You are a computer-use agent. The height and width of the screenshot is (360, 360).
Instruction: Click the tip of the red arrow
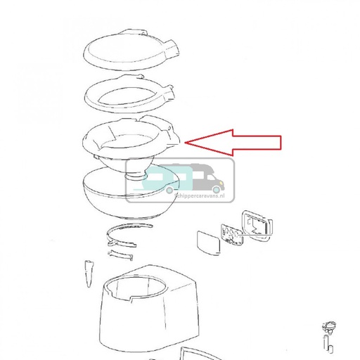[x=186, y=143]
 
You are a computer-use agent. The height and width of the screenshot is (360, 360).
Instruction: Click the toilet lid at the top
[x=127, y=51]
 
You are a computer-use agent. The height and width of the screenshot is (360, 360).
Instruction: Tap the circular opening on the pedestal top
[x=137, y=288]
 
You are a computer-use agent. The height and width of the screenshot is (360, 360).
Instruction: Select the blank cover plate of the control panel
[x=207, y=241]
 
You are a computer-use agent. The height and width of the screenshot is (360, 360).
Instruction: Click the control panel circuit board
[x=231, y=235]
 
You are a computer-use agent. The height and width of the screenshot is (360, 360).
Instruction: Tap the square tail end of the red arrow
[x=279, y=143]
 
